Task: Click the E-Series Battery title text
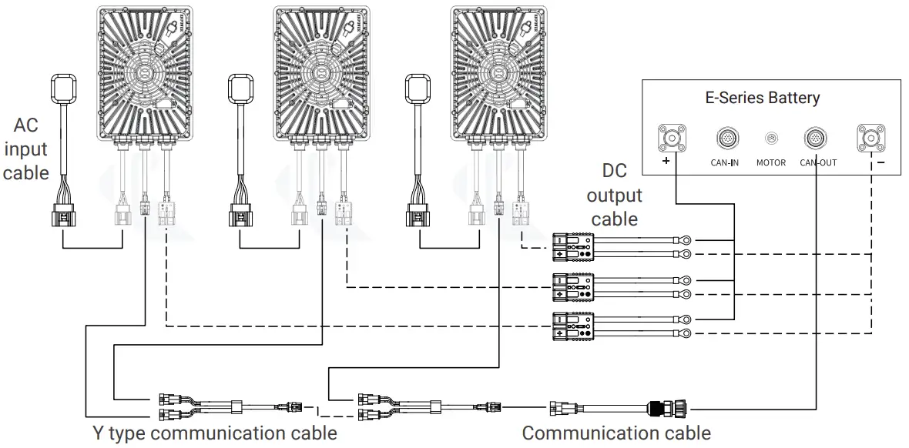click(762, 99)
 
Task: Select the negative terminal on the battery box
click(870, 139)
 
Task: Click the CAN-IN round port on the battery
click(726, 139)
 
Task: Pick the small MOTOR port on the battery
click(770, 139)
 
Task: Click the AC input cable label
click(25, 149)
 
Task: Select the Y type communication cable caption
click(214, 433)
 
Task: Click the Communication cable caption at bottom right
click(616, 433)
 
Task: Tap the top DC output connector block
click(572, 247)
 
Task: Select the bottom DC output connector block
click(572, 326)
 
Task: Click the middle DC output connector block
click(572, 286)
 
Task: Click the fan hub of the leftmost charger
click(144, 73)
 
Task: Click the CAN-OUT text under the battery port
click(817, 163)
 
